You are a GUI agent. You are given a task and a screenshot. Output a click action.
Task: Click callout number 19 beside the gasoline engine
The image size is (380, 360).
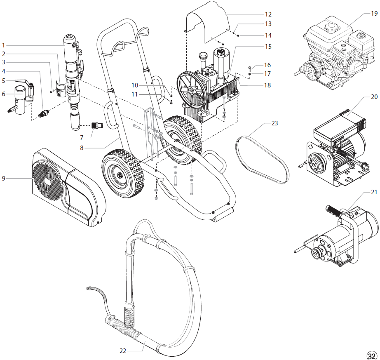[x=374, y=13]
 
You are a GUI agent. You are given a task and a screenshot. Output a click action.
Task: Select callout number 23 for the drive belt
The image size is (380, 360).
[x=275, y=123]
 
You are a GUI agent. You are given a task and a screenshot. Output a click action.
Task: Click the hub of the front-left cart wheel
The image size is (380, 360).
[x=121, y=176]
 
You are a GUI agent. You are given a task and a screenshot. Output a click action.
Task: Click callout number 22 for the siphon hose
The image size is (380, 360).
[x=122, y=351]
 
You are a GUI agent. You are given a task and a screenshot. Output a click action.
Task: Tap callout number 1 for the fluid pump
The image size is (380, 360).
[x=3, y=45]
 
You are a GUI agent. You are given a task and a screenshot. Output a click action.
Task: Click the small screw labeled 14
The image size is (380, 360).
[x=239, y=35]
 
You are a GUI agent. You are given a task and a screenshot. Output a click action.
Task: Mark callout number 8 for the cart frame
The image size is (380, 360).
[x=82, y=148]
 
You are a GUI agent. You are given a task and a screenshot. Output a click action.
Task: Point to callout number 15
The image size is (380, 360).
[x=268, y=47]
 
